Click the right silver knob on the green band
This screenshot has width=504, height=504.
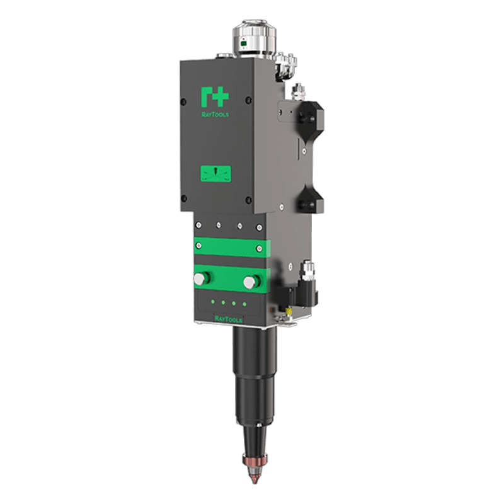pyautogui.click(x=249, y=282)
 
